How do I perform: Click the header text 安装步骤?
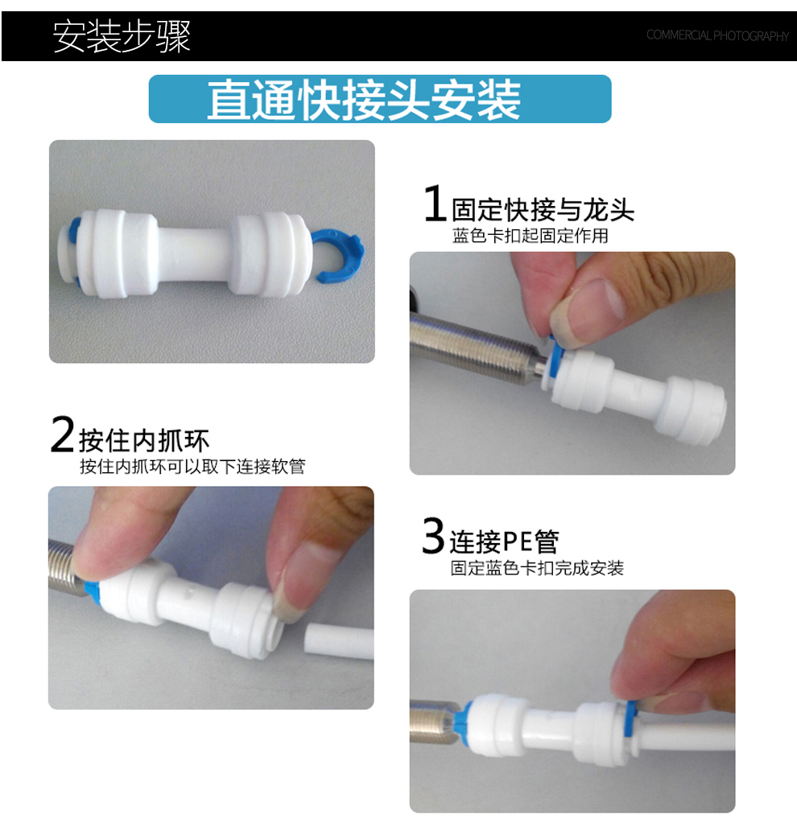122,36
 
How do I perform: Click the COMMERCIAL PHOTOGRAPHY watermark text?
717,35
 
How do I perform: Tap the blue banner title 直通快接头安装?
364,100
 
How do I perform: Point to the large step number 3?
433,535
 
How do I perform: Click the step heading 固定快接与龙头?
543,209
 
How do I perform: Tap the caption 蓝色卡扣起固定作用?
530,236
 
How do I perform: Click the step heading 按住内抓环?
144,441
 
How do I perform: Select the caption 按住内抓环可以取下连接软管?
192,466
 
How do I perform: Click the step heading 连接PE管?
504,541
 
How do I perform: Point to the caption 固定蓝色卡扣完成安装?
537,568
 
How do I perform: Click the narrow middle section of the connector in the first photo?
193,253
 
